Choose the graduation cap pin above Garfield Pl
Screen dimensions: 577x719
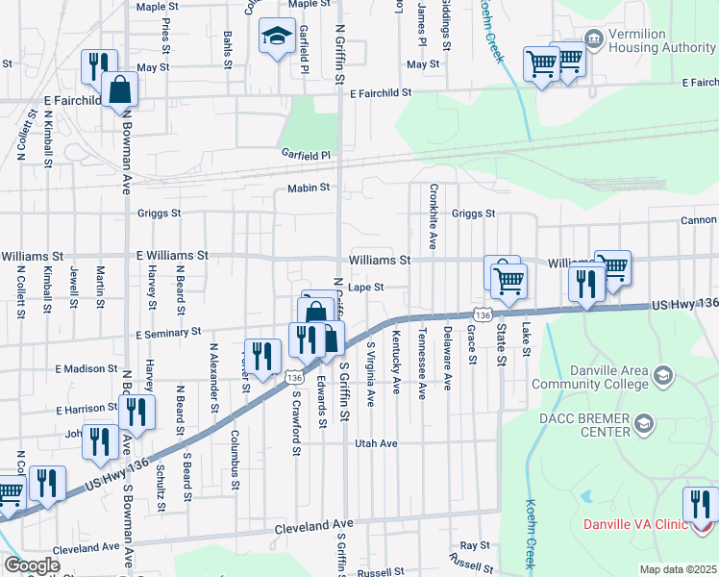(x=277, y=36)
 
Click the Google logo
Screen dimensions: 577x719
(x=32, y=565)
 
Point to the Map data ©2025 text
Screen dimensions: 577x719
(x=678, y=569)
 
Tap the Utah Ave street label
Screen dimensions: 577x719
(x=376, y=443)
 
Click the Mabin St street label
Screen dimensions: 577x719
(x=309, y=188)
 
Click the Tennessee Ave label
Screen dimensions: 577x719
(x=421, y=364)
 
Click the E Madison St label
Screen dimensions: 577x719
(x=86, y=368)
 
